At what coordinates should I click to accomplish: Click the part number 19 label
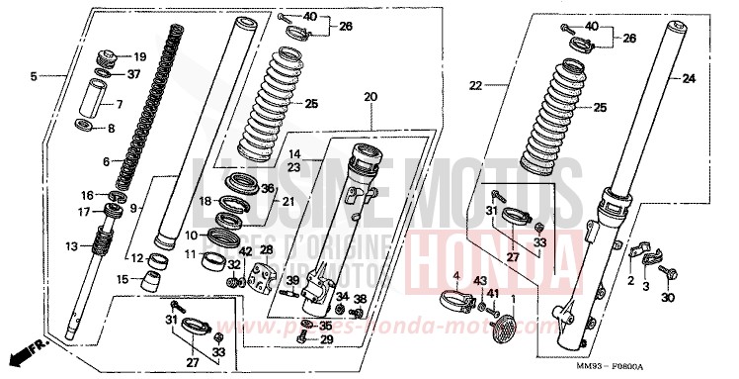(x=139, y=56)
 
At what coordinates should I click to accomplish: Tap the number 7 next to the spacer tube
(x=120, y=104)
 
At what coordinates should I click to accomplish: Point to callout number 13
(x=70, y=245)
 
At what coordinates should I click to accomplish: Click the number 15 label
(x=123, y=280)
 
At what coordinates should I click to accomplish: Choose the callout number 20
(x=370, y=97)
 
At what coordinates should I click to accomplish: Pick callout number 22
(x=474, y=86)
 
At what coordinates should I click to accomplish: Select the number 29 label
(x=327, y=339)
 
